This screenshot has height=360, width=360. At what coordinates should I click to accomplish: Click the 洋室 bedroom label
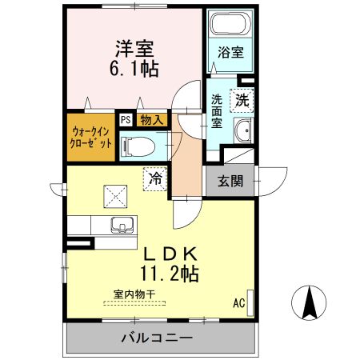132,46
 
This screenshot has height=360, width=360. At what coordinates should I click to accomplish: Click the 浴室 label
232,54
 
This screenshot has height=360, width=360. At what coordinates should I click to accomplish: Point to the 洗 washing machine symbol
241,100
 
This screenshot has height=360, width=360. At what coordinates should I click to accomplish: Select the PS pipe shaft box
126,120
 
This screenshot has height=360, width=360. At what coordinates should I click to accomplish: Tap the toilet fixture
137,146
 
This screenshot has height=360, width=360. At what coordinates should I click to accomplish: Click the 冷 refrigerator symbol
154,178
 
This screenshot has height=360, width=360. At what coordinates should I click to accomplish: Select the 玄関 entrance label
230,181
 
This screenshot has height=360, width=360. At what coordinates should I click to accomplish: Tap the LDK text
170,254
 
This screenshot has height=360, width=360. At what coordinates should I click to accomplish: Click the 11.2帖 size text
170,274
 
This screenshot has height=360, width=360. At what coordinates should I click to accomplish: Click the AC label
238,302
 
